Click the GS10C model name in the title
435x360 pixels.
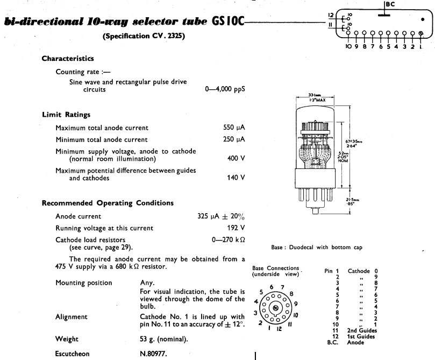[x=228, y=21]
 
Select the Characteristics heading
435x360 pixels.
[x=68, y=59]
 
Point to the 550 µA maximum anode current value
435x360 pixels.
[x=234, y=128]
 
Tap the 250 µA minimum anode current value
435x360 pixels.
[x=234, y=139]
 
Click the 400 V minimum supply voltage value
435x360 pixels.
[x=236, y=158]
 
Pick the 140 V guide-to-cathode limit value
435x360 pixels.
[x=236, y=178]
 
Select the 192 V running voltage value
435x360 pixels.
[x=236, y=228]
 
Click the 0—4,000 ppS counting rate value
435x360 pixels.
[x=225, y=89]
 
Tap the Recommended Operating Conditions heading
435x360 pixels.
[x=108, y=203]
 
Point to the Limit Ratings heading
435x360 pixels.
[x=66, y=115]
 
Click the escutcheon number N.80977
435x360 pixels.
[x=153, y=354]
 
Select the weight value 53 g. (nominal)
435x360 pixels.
[x=163, y=339]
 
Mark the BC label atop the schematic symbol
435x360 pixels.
[x=390, y=4]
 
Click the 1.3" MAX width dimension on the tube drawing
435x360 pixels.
[x=317, y=100]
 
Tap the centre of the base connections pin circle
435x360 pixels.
[x=275, y=308]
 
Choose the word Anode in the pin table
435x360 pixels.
[x=355, y=342]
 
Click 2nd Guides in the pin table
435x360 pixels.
[x=362, y=330]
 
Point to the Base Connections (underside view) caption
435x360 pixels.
[x=275, y=271]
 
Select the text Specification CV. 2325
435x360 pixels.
[x=144, y=36]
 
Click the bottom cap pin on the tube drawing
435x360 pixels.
[x=315, y=211]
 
